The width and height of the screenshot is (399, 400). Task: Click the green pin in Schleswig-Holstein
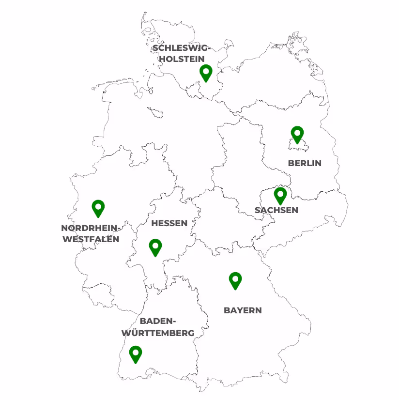click(206, 73)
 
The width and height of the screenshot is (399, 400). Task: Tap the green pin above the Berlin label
click(297, 134)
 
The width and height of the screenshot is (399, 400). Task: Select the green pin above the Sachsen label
click(280, 195)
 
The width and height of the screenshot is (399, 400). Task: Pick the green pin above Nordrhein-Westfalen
click(98, 208)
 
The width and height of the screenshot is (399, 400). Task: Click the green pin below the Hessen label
click(155, 247)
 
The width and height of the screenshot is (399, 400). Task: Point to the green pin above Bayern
click(235, 280)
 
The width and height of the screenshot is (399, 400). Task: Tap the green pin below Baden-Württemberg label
click(136, 354)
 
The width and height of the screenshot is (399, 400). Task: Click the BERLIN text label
click(305, 163)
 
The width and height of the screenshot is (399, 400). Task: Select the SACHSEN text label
click(276, 210)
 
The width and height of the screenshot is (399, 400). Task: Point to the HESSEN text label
click(169, 223)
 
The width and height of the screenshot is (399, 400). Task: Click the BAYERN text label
click(243, 310)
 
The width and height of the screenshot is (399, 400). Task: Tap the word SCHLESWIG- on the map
click(182, 48)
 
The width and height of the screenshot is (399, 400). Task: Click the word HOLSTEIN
click(182, 59)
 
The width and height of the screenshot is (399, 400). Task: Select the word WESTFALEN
click(91, 239)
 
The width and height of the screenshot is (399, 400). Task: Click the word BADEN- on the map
click(158, 321)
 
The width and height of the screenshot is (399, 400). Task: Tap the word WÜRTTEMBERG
click(158, 333)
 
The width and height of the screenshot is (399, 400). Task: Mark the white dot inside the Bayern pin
click(235, 278)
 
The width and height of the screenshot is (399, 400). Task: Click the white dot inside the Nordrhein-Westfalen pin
click(98, 206)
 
